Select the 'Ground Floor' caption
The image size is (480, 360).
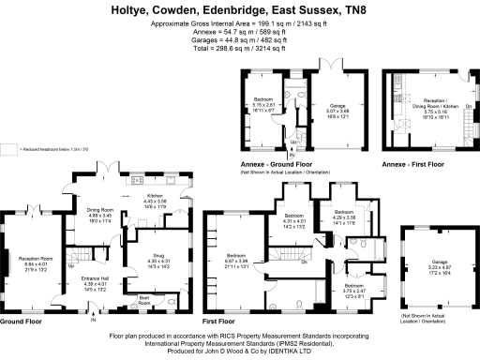(20, 321)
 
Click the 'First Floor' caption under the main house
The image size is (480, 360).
(221, 321)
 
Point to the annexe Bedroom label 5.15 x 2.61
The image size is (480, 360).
(267, 104)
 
